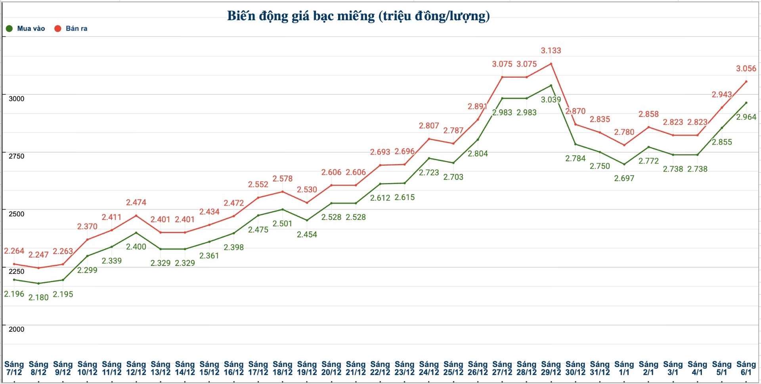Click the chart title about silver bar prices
[x=358, y=16]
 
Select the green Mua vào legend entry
[x=26, y=29]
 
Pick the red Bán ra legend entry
[x=71, y=29]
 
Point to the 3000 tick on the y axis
[x=17, y=99]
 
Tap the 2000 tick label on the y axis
[x=17, y=329]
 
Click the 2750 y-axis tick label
[x=17, y=156]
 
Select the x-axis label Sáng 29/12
[x=551, y=368]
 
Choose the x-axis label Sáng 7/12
[x=14, y=368]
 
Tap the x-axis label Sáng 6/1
[x=746, y=368]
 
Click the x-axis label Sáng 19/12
[x=307, y=368]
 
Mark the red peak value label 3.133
[x=551, y=51]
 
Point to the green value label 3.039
[x=551, y=100]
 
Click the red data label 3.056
[x=746, y=69]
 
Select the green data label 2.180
[x=38, y=297]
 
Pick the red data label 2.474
[x=136, y=203]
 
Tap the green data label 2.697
[x=624, y=178]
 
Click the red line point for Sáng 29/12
[x=551, y=64]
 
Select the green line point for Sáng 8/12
[x=38, y=283]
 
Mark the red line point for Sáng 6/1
[x=746, y=82]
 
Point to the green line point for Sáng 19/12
[x=307, y=220]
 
